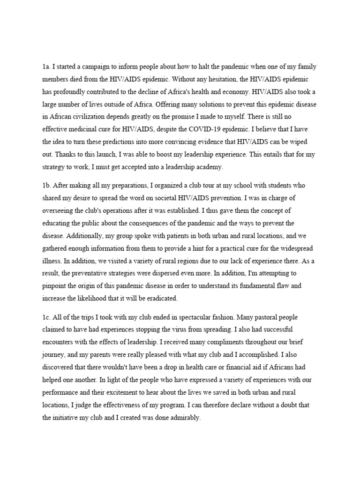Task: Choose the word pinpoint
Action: click(x=56, y=285)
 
